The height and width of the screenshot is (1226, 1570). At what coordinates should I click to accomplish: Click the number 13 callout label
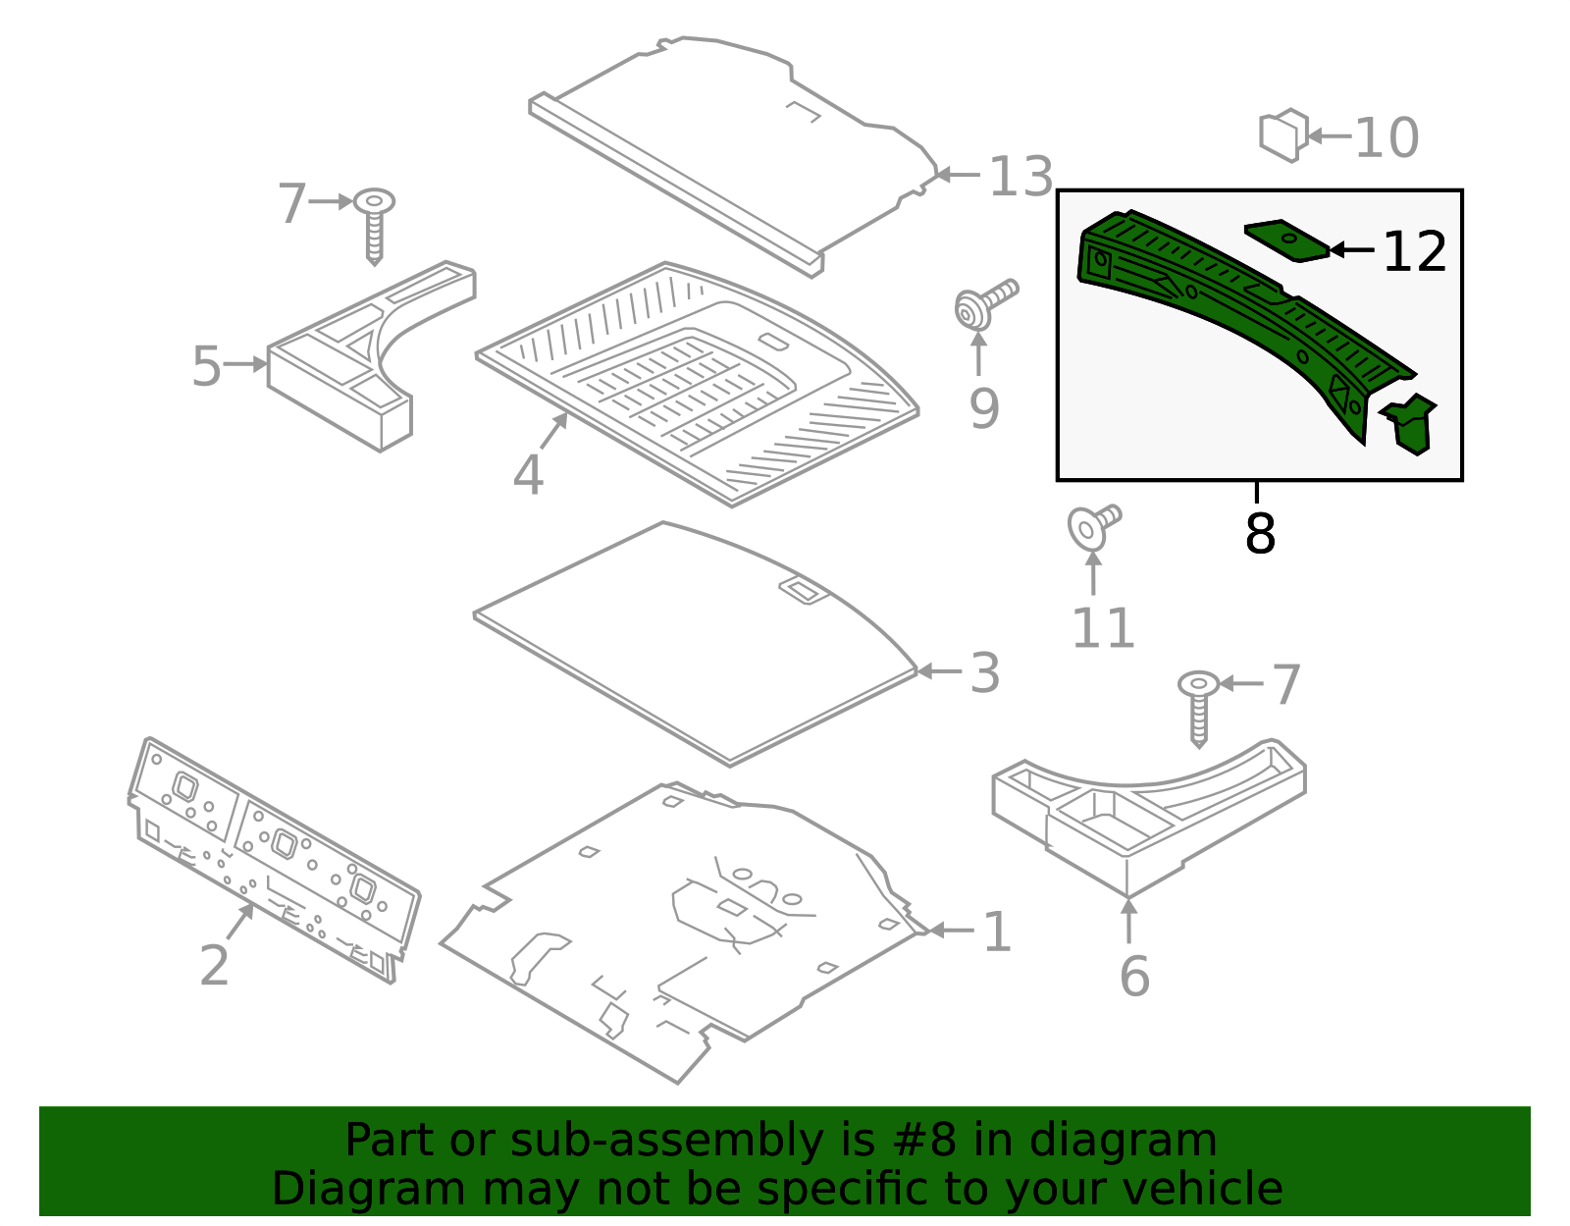point(1020,178)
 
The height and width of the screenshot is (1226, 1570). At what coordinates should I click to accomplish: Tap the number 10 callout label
point(1387,137)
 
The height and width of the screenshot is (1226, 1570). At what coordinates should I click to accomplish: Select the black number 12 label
point(1414,252)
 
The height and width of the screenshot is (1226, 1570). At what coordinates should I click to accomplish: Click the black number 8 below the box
point(1260,534)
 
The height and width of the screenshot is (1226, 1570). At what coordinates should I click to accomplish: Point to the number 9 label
point(983,408)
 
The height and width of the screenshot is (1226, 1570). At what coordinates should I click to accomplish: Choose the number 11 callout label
point(1103,628)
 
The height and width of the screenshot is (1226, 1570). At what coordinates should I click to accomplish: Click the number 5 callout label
point(206,366)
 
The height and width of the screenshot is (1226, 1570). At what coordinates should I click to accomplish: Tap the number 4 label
point(528,475)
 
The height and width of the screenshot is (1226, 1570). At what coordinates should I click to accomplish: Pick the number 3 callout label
point(985,673)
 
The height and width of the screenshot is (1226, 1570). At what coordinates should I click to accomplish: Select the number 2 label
point(214,965)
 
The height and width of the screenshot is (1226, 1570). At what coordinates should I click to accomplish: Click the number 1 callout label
point(997,932)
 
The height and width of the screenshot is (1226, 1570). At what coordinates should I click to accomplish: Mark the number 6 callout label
point(1134,977)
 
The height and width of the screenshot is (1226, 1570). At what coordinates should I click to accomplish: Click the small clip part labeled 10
point(1283,135)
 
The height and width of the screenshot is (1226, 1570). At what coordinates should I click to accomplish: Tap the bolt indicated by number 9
point(984,302)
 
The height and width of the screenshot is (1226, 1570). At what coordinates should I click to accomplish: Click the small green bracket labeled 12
point(1286,240)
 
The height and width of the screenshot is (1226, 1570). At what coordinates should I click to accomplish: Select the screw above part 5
point(374,224)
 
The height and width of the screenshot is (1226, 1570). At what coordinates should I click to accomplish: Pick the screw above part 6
point(1198,706)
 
